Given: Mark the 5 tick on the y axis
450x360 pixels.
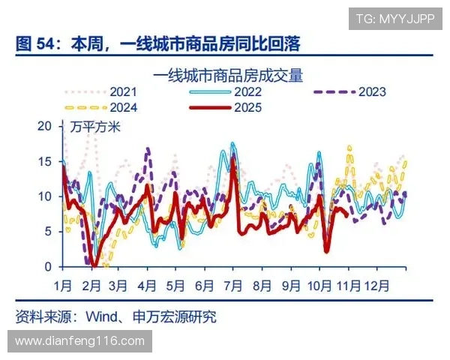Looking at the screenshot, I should pyautogui.click(x=48, y=231).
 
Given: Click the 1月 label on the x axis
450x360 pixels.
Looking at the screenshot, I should pyautogui.click(x=63, y=285).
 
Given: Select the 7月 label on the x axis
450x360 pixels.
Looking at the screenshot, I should pyautogui.click(x=232, y=285).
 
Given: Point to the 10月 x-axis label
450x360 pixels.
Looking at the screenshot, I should pyautogui.click(x=319, y=285).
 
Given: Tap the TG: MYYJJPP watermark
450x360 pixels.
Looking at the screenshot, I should pyautogui.click(x=394, y=19).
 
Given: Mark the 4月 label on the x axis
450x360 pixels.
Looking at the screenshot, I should pyautogui.click(x=147, y=285).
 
